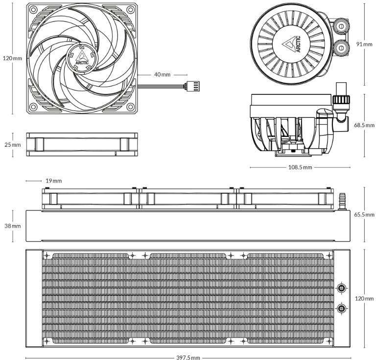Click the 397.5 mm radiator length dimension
pyautogui.click(x=188, y=358)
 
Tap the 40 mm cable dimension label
pyautogui.click(x=163, y=74)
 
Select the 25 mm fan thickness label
pyautogui.click(x=12, y=145)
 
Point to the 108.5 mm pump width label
pyautogui.click(x=300, y=167)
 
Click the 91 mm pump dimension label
pyautogui.click(x=364, y=44)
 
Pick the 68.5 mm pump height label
pyautogui.click(x=364, y=125)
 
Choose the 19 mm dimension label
pyautogui.click(x=53, y=180)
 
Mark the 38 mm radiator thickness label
pyautogui.click(x=12, y=226)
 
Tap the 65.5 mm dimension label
pyautogui.click(x=364, y=214)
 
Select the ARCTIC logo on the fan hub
pyautogui.click(x=82, y=58)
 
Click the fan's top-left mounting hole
pyautogui.click(x=33, y=10)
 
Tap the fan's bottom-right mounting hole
pyautogui.click(x=130, y=106)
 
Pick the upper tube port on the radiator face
pyautogui.click(x=341, y=288)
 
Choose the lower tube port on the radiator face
pyautogui.click(x=341, y=308)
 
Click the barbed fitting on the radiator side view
pyautogui.click(x=341, y=202)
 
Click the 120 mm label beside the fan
pyautogui.click(x=12, y=58)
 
